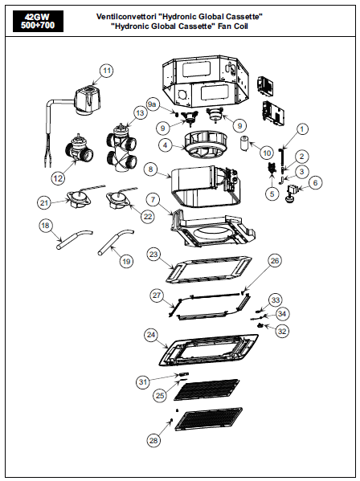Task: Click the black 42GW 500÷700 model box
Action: pos(38,21)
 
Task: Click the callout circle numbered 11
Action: pos(107,71)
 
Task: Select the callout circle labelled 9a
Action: pos(152,104)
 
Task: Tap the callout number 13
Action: pos(140,113)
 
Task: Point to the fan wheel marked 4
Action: pos(206,145)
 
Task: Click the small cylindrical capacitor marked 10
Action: pos(245,144)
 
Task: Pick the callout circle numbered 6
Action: pos(316,183)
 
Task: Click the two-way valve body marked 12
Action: pos(80,149)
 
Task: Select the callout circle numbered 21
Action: pos(44,203)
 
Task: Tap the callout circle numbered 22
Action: pos(148,216)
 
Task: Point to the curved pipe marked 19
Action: pos(116,241)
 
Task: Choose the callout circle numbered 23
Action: pos(153,255)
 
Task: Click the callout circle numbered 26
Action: pos(275,260)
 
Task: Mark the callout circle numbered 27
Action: pos(157,295)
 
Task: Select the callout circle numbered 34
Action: pos(282,314)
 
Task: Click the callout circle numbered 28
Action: pos(153,441)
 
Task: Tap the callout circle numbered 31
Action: pos(143,382)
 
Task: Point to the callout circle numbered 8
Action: pos(150,169)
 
